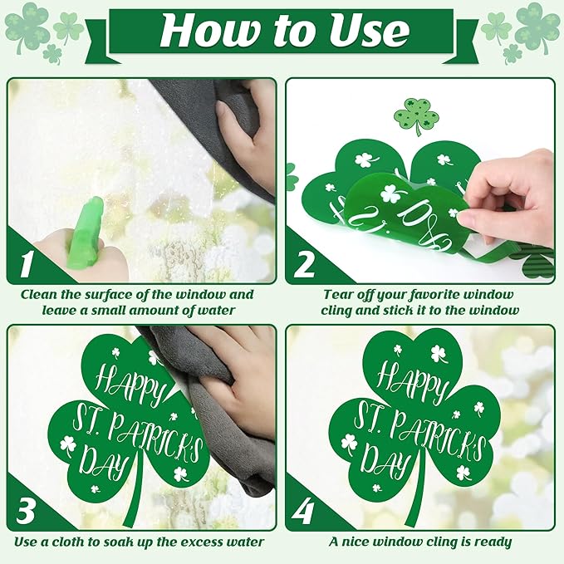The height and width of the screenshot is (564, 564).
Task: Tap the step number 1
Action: (x=27, y=264)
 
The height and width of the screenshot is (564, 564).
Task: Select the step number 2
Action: (x=305, y=264)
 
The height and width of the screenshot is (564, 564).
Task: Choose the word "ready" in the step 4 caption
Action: (x=488, y=542)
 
